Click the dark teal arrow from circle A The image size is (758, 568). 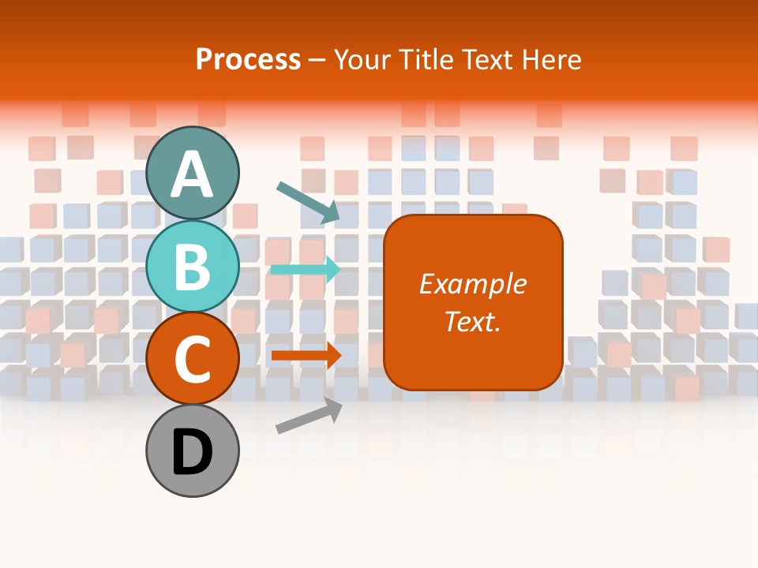[308, 201]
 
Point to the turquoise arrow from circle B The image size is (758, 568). [306, 269]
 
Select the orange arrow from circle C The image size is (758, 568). [306, 355]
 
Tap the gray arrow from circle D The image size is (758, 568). [309, 417]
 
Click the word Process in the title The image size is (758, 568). [248, 59]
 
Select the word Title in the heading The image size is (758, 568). [424, 59]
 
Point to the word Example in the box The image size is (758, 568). [473, 284]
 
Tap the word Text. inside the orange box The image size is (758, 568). [473, 321]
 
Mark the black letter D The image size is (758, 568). [193, 453]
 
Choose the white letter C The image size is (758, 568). [193, 359]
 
